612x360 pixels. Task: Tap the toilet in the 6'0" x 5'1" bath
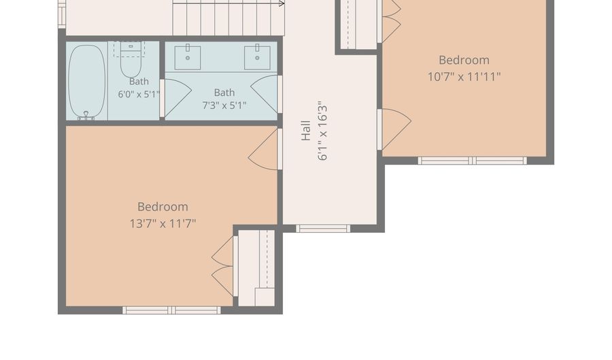[131, 60]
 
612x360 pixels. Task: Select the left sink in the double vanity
[188, 57]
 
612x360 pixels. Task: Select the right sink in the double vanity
[257, 57]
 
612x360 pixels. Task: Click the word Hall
[306, 131]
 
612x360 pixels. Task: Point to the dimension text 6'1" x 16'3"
[322, 133]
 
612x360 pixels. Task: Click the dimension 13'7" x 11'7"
[163, 223]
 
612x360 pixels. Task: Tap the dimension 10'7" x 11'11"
[464, 76]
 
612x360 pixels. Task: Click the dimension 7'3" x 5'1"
[224, 105]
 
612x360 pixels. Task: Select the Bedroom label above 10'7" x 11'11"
[464, 60]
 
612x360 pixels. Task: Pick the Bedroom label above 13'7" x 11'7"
[163, 207]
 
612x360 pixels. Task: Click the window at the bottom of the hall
[323, 229]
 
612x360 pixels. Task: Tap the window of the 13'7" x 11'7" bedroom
[172, 310]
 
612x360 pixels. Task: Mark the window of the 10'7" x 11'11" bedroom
[473, 161]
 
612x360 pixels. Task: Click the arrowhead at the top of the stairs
[282, 4]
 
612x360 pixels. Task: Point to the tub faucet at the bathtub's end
[86, 115]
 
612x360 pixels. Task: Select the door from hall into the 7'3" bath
[266, 94]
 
